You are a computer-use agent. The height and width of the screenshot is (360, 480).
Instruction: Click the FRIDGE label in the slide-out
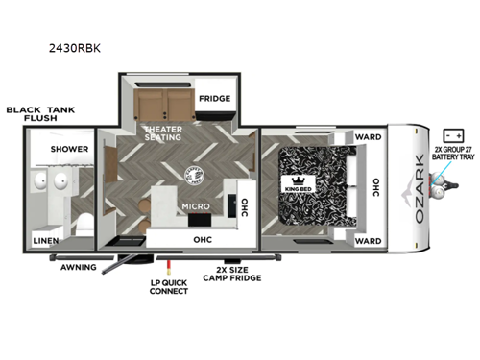tap(213, 99)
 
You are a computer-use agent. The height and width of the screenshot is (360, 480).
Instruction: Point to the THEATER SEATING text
tap(164, 134)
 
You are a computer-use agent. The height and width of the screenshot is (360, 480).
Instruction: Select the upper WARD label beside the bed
tap(368, 136)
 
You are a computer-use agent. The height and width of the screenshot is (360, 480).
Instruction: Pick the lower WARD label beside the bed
tap(368, 240)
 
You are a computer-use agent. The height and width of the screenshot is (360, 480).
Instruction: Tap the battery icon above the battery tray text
tap(447, 135)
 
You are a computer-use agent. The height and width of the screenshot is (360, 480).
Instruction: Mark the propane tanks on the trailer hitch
tap(441, 186)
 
